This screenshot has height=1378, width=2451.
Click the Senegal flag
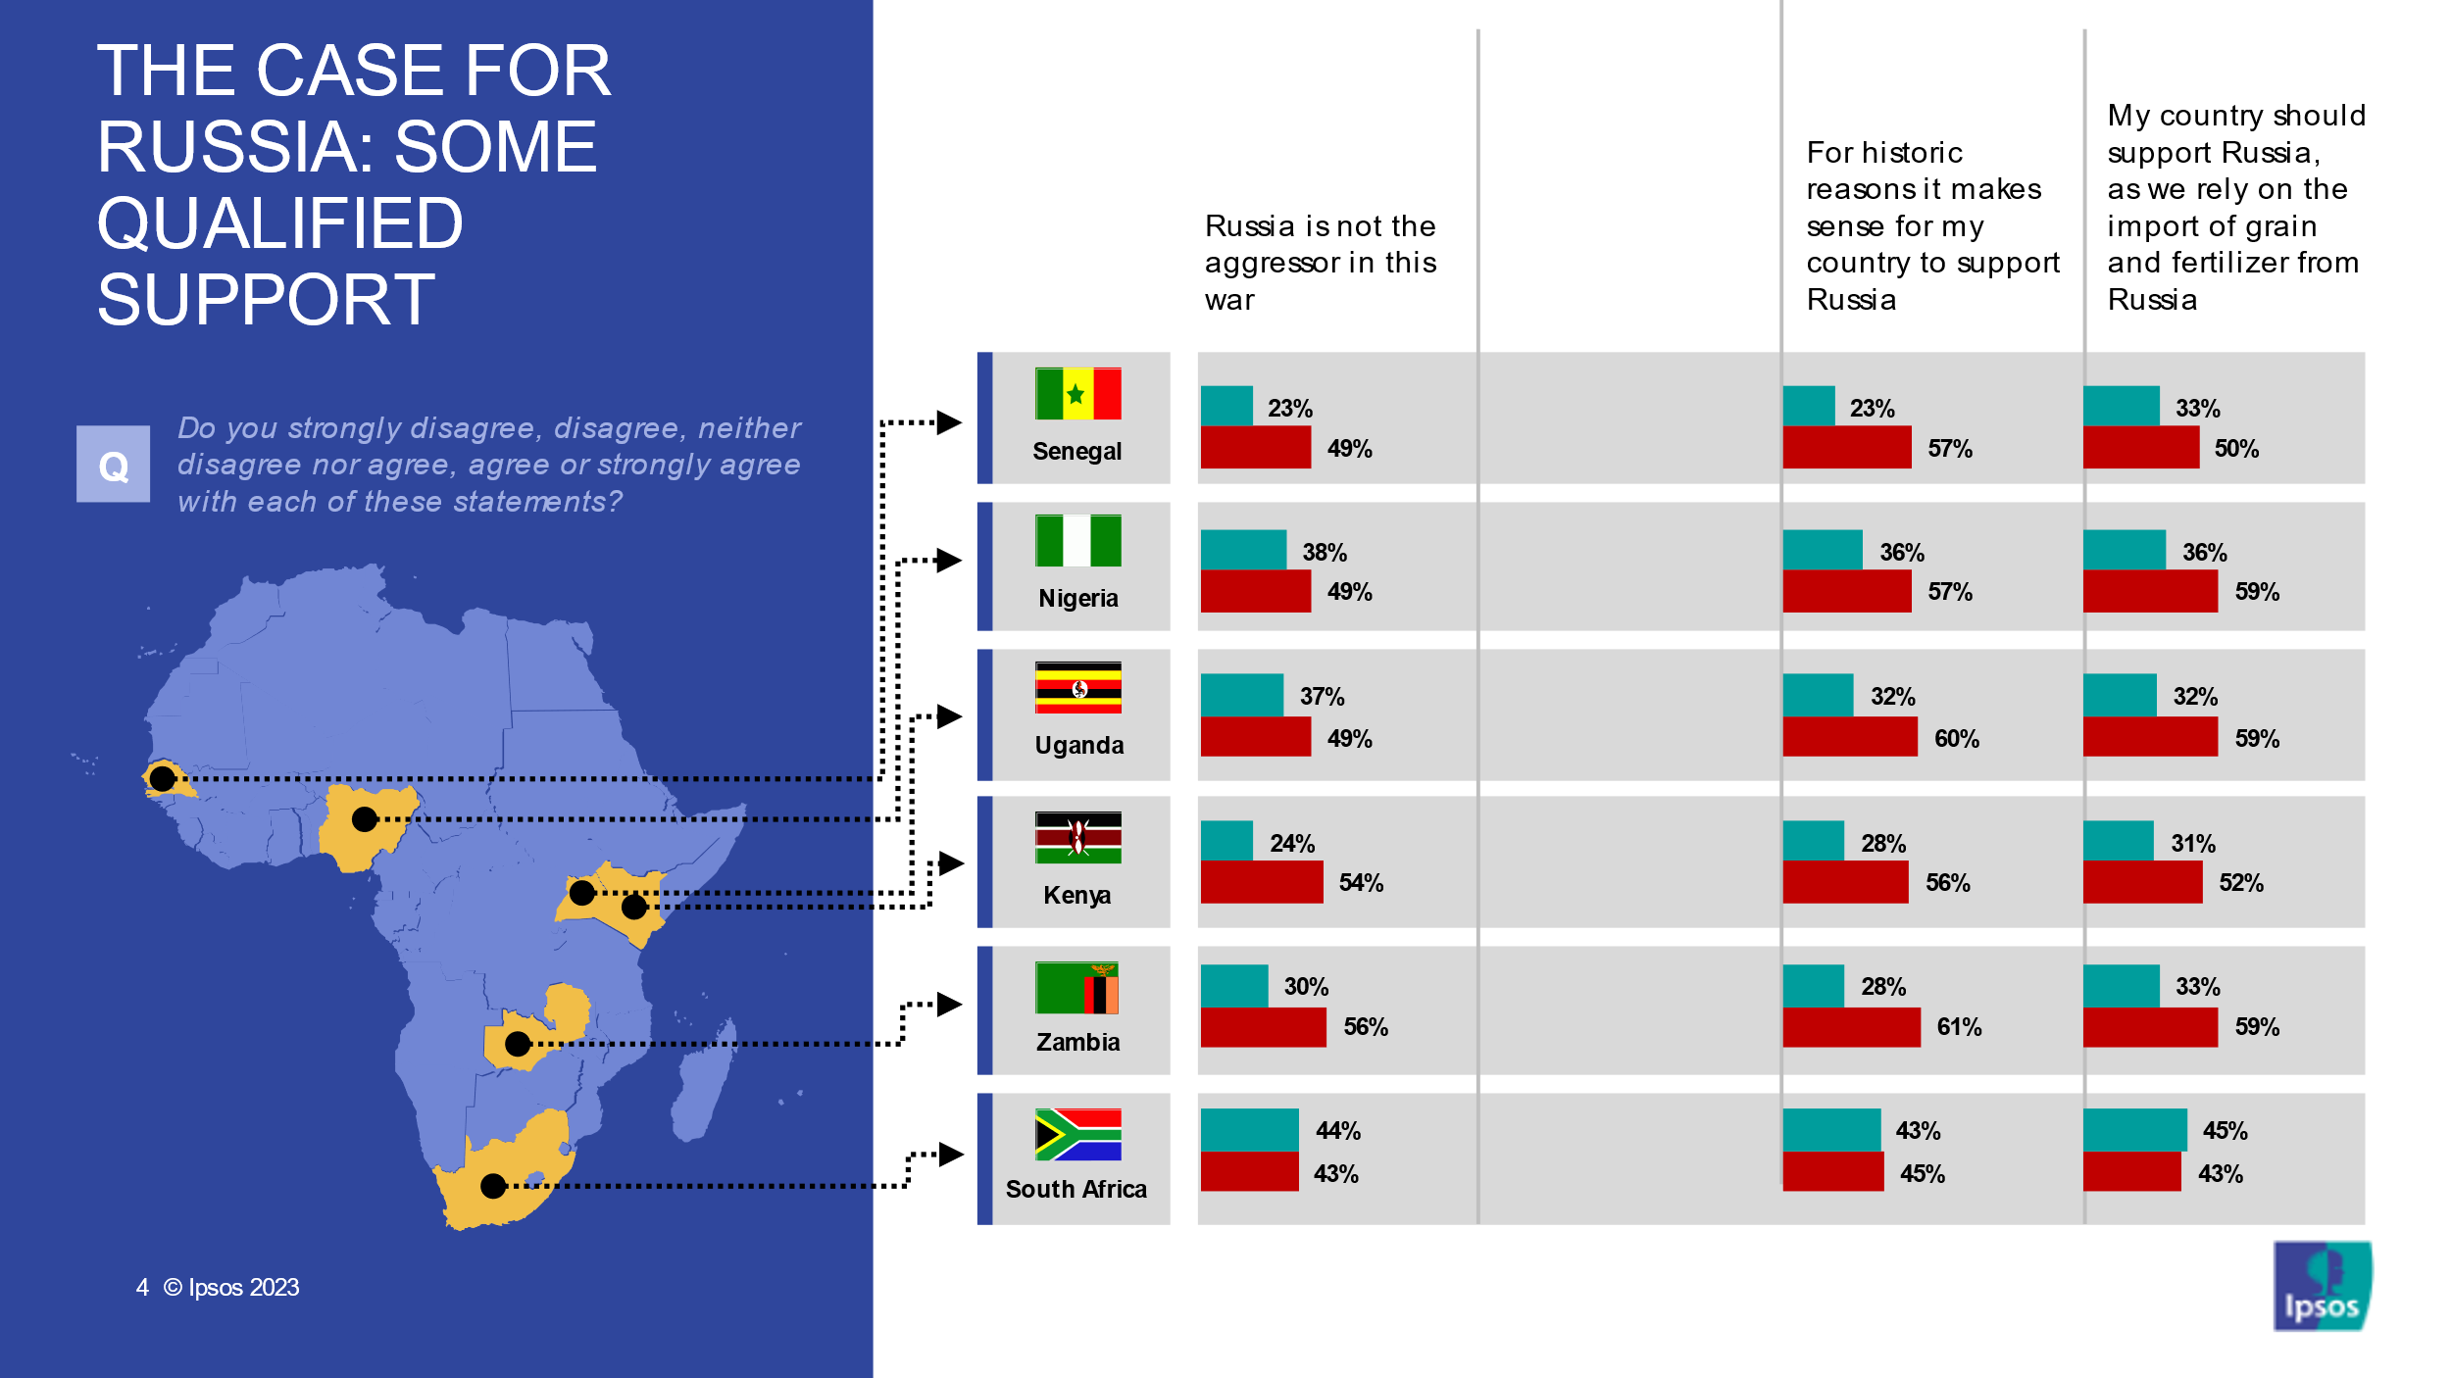tap(1077, 394)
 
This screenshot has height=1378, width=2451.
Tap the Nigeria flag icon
tap(1077, 541)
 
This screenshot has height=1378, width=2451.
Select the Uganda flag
tap(1077, 688)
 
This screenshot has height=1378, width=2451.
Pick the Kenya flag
tap(1077, 838)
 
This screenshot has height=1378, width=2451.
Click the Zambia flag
tap(1076, 988)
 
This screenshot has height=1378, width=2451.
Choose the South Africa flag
tap(1077, 1135)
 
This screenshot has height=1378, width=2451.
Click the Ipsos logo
tap(2322, 1286)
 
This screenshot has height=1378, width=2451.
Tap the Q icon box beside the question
tap(114, 465)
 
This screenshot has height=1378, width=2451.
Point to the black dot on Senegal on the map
tap(162, 779)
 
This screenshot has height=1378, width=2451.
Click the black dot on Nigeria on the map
tap(365, 819)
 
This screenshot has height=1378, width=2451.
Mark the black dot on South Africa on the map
tap(493, 1187)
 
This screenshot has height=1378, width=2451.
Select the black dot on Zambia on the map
tap(518, 1044)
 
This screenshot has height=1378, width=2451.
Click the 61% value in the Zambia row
tap(1959, 1027)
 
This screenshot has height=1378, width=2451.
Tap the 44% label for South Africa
tap(1338, 1131)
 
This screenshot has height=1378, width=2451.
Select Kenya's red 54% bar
tap(1261, 882)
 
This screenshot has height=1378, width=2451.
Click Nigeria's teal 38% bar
tap(1243, 550)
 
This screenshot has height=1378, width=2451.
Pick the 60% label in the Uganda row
tap(1957, 739)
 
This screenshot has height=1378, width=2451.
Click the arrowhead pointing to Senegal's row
tap(948, 422)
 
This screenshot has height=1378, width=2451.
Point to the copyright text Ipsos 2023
tap(231, 1288)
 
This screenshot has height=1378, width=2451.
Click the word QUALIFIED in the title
tap(280, 223)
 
